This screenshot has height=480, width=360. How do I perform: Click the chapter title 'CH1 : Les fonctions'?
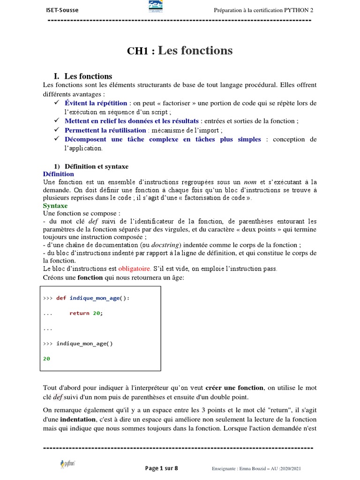pos(180,51)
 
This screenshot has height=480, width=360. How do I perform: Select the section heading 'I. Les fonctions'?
pos(83,76)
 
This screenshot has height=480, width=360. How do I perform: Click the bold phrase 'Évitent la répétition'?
pos(96,103)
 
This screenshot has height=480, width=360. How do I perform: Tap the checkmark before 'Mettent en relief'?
pos(57,121)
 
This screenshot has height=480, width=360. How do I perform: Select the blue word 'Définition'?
pos(58,174)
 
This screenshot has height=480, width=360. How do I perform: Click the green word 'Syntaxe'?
pos(55,206)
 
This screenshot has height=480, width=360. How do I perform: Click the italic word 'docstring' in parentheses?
pos(165,245)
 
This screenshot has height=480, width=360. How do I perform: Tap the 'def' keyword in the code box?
pos(61,298)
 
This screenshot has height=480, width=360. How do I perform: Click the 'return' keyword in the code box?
pos(79,313)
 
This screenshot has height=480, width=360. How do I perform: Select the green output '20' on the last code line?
pos(46,359)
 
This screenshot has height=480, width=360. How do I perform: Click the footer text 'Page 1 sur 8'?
pos(162,468)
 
